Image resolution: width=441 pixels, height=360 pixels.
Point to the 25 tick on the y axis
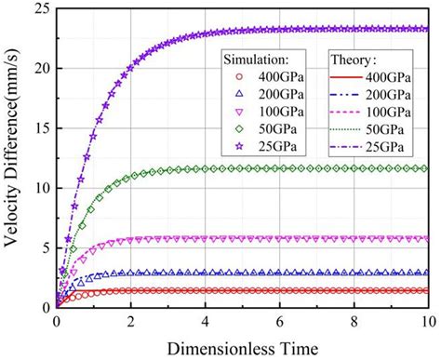click(38, 8)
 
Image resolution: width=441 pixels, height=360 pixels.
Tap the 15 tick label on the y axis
click(38, 127)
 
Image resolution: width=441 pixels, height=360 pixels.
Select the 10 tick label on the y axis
click(38, 187)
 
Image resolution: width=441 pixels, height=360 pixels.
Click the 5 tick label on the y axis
click(42, 247)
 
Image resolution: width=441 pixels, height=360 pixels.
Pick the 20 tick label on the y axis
click(38, 68)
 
